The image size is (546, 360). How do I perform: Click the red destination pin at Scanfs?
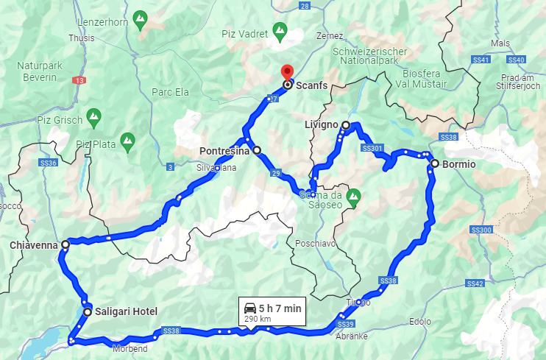[x=287, y=72]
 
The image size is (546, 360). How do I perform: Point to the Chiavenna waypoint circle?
[x=65, y=244]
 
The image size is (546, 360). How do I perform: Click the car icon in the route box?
[x=250, y=308]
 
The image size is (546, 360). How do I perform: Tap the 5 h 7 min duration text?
[x=280, y=308]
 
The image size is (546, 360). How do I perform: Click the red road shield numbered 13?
[x=79, y=80]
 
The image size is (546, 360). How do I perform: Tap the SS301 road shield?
[x=372, y=148]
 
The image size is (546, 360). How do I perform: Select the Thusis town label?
[x=81, y=38]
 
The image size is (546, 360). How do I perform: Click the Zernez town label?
[x=329, y=35]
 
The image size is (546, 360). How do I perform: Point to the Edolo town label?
[x=420, y=321]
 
